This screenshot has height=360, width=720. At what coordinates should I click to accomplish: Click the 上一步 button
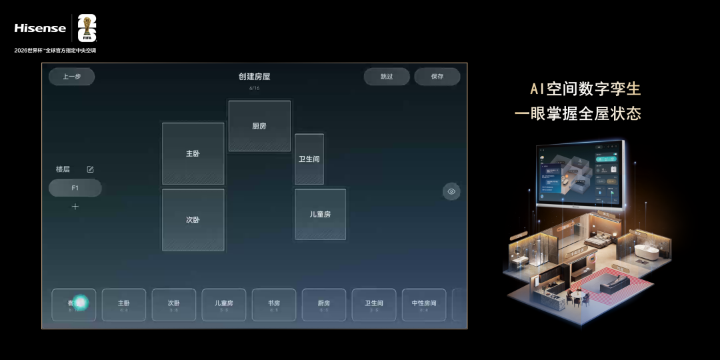[x=71, y=77]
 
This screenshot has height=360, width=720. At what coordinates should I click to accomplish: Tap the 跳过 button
[x=387, y=77]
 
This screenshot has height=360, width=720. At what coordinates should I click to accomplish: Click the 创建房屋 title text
[x=254, y=77]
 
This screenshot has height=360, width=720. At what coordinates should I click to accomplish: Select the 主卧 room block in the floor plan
[x=193, y=154]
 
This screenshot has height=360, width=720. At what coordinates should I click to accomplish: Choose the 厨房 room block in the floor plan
[x=259, y=126]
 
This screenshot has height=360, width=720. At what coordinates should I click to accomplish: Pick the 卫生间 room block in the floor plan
[x=309, y=159]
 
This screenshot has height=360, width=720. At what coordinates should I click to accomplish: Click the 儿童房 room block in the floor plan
[x=320, y=214]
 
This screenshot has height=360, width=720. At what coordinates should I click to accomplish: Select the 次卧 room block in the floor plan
[x=193, y=220]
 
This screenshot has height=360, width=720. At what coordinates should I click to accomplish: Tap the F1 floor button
[x=75, y=188]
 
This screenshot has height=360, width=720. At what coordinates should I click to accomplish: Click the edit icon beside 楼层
[x=91, y=169]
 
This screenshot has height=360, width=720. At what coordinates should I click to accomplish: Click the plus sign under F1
[x=75, y=207]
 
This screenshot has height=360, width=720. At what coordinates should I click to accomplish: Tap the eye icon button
[x=451, y=191]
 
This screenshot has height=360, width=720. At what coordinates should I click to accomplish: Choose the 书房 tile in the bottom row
[x=274, y=305]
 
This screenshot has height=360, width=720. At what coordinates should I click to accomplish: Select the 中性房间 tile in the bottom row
[x=424, y=305]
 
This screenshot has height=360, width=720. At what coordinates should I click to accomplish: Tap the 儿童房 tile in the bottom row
[x=224, y=305]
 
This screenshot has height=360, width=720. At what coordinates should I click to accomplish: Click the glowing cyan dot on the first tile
[x=81, y=303]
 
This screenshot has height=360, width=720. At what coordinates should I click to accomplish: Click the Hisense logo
[x=40, y=28]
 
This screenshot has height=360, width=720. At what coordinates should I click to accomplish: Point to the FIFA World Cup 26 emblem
[x=87, y=28]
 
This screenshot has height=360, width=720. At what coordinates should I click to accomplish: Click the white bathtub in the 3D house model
[x=646, y=253]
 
